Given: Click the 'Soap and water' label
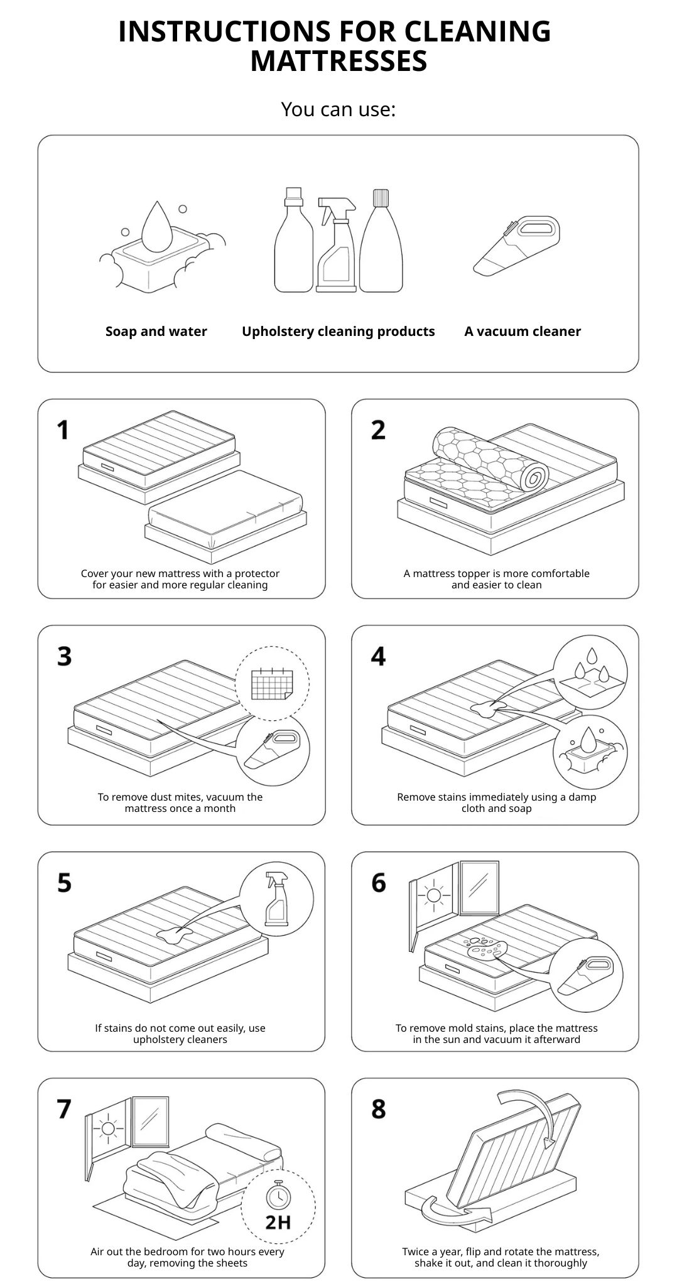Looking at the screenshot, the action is (156, 332).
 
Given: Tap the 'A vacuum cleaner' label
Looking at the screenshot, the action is (523, 332).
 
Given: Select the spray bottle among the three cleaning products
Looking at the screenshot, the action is (337, 245).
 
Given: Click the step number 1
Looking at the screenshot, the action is (63, 431).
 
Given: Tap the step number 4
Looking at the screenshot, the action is (378, 657).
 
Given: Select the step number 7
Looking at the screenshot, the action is (64, 1110).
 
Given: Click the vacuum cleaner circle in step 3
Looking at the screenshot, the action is (273, 751).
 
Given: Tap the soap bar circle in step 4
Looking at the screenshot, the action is (590, 752).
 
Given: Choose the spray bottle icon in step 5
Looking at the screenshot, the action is (277, 899).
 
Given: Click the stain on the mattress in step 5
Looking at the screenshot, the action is (171, 936).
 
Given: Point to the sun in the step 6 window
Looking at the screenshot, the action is (433, 895).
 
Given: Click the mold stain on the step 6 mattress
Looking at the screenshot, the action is (487, 947).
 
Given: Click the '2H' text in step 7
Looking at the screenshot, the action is (278, 1223).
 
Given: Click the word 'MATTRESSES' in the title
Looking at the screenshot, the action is (338, 62).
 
